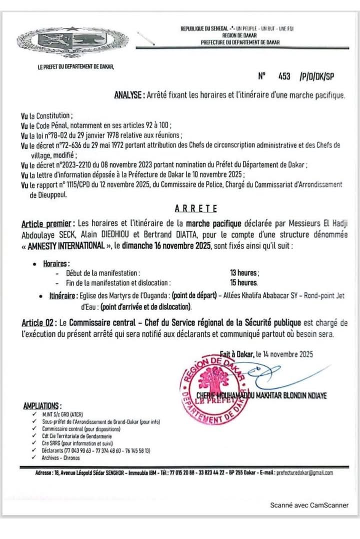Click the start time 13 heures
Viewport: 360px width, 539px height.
[x=244, y=273]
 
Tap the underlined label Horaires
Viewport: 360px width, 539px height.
[x=56, y=263]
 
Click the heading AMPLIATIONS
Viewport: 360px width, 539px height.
[x=43, y=406]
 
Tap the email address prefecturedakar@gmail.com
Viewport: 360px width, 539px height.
[x=305, y=472]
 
